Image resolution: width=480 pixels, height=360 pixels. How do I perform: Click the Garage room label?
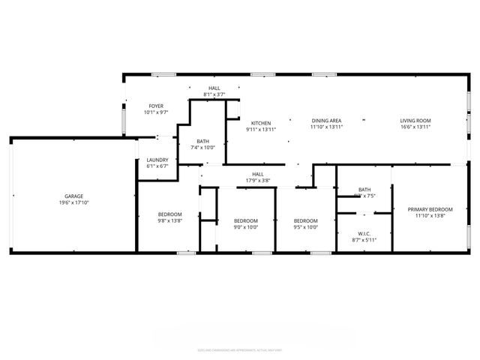coord(73,196)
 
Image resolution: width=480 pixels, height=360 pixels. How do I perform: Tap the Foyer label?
coord(156,106)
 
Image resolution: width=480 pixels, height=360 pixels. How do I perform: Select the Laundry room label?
coord(157,160)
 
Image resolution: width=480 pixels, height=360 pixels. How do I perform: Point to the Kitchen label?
coord(261,123)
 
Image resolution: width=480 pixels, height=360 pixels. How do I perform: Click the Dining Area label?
coord(326,121)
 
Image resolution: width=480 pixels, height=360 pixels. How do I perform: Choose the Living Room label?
coord(415,121)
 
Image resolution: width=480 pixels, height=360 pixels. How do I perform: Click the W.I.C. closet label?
coord(364,234)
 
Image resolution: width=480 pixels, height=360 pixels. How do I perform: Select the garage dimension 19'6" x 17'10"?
coord(73,203)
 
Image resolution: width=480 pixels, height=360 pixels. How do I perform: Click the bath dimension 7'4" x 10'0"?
coord(203,148)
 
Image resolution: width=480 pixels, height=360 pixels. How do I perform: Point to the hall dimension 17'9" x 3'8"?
coord(257,181)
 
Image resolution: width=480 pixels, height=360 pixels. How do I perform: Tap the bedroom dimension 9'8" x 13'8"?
coord(169,220)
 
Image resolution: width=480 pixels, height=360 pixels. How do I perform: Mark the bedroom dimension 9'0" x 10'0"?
coord(246,227)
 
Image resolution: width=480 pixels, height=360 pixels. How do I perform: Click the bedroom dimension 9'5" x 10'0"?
coord(306,227)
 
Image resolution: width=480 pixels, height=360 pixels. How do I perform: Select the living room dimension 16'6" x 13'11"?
coord(415,127)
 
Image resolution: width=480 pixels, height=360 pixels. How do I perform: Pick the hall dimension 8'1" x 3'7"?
coord(214,95)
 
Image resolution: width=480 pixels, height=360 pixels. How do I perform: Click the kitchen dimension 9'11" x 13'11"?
coord(261,130)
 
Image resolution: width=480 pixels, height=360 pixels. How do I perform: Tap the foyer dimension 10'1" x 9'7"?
coord(156,112)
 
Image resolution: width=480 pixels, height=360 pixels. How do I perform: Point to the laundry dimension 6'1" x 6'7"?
coord(157,166)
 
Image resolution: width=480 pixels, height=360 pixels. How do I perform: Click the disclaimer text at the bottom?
coord(239,349)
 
